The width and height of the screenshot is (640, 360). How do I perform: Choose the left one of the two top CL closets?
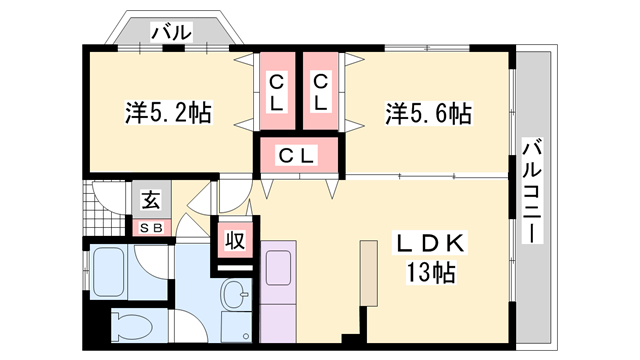(x=277, y=91)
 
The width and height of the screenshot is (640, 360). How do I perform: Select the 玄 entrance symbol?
(x=151, y=200)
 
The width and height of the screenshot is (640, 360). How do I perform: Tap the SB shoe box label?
(x=151, y=227)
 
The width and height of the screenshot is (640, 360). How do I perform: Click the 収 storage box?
(x=235, y=242)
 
